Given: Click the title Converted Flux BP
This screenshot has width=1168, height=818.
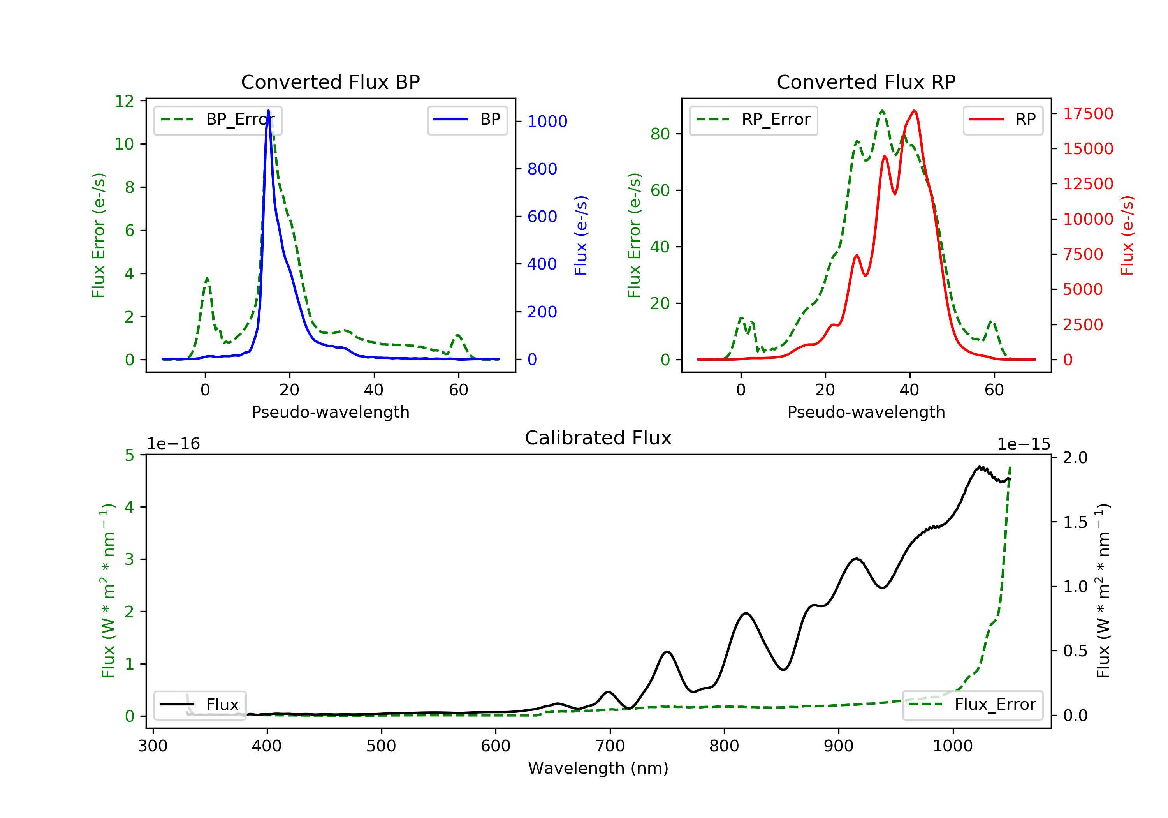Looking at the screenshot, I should point(330,82).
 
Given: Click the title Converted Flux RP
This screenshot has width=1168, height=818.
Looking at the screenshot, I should point(866,82).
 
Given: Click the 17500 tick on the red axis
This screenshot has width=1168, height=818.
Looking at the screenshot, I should point(1088,113).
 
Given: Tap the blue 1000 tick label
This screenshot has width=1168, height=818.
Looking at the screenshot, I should point(547,121).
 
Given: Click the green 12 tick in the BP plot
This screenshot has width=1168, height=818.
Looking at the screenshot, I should point(124,101).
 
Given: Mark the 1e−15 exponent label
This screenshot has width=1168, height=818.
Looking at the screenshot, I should point(1023,444).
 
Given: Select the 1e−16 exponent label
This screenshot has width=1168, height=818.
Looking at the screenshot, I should point(174,444).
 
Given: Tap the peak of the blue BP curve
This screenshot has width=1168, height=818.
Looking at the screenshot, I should point(268,111).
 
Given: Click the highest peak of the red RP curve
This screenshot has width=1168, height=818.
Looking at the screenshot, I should point(914,111).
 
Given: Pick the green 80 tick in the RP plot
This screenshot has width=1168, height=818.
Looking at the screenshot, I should point(660,134).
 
